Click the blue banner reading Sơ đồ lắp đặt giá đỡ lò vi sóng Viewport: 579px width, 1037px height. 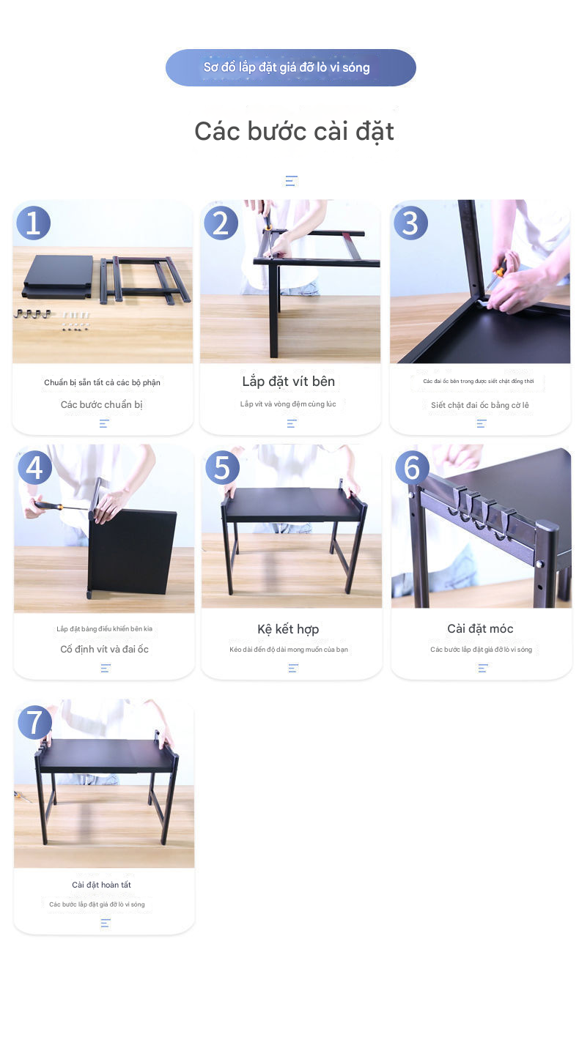290,67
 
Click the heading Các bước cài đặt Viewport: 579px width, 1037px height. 294,131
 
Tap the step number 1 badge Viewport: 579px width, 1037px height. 33,223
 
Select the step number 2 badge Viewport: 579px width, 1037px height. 221,223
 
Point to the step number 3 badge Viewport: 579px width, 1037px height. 410,223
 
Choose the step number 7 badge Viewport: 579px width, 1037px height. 34,722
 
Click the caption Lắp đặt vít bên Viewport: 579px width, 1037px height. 288,382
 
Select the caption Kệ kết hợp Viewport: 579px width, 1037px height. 288,629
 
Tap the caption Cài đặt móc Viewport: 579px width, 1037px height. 480,628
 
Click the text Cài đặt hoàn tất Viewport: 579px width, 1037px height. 101,885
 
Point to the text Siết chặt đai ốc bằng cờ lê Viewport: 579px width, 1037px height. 479,405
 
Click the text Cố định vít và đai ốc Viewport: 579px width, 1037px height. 104,649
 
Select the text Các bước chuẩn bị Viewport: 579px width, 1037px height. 101,405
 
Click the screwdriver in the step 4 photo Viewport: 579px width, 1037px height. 59,506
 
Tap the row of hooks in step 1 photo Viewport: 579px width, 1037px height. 32,314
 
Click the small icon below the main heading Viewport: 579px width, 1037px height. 291,181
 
